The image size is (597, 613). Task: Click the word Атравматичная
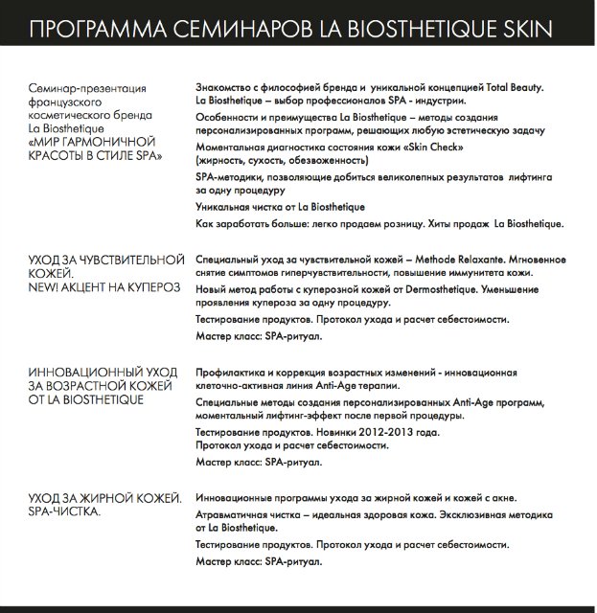(233, 513)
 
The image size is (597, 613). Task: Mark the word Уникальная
(225, 207)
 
